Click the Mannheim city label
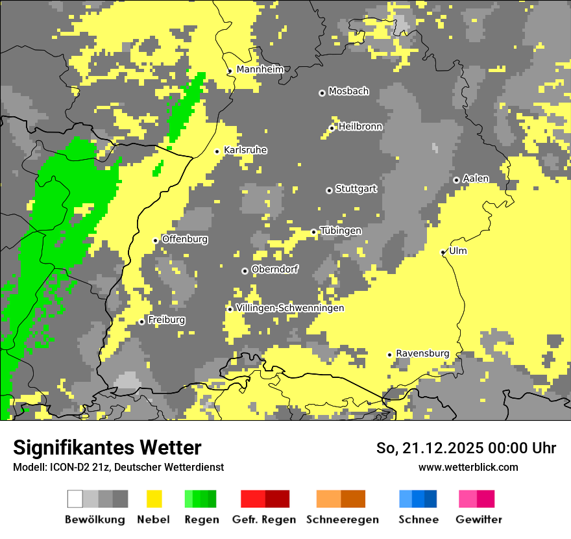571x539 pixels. click(260, 69)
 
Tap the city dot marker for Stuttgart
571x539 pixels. click(329, 190)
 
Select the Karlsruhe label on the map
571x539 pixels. click(245, 150)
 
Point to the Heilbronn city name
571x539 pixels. click(360, 127)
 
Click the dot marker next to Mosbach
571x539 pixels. click(322, 93)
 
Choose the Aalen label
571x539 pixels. click(476, 179)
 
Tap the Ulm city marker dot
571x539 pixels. click(443, 252)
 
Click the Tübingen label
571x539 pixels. click(341, 231)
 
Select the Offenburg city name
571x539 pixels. click(185, 239)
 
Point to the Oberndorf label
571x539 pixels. click(274, 269)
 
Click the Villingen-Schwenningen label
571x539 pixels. click(290, 308)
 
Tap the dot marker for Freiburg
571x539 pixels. click(141, 321)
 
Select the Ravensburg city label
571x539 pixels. click(422, 353)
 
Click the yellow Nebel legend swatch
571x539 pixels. click(154, 499)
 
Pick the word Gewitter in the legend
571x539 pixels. click(479, 520)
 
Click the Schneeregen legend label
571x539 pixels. click(342, 520)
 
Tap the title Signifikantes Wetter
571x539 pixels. click(107, 447)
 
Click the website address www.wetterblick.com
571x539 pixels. click(468, 467)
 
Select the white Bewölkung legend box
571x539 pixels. click(75, 499)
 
